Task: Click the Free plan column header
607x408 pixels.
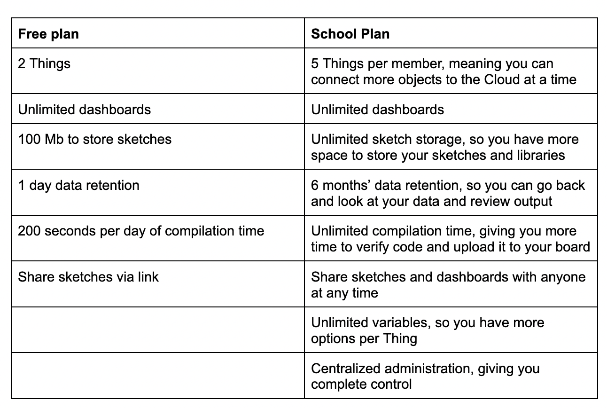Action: click(x=48, y=34)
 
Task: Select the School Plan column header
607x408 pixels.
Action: click(x=350, y=34)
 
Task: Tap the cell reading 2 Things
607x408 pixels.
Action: click(x=44, y=63)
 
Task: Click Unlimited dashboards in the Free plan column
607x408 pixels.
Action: click(x=84, y=110)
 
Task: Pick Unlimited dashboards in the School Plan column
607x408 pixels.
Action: click(x=377, y=110)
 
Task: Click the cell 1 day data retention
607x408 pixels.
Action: click(x=78, y=185)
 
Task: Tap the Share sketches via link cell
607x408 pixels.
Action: click(x=88, y=277)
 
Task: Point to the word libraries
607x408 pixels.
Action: click(x=538, y=155)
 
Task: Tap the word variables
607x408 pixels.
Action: click(x=400, y=323)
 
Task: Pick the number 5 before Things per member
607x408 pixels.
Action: click(x=315, y=63)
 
